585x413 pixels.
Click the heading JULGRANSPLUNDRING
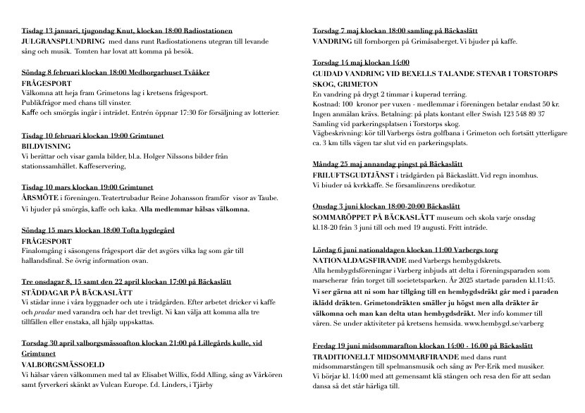click(63, 41)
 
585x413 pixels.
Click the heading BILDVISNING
click(45, 146)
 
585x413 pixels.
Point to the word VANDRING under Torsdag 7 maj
click(333, 42)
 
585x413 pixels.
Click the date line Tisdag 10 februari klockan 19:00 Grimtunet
click(94, 135)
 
